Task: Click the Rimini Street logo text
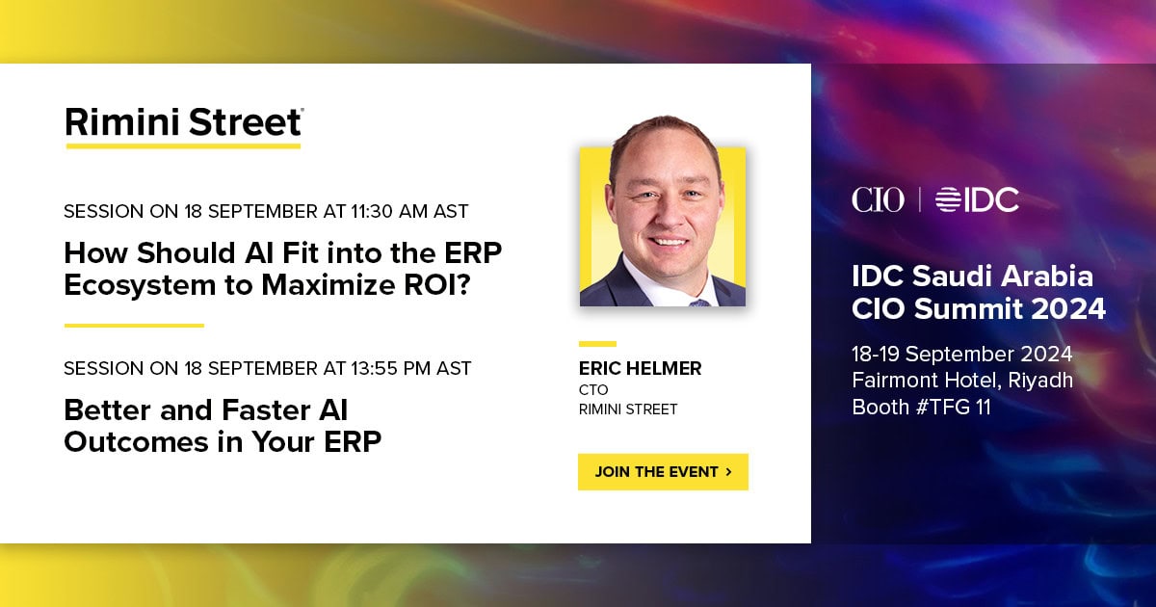(x=184, y=123)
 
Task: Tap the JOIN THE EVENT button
(x=663, y=472)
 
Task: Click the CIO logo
(x=878, y=199)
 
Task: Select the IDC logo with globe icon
(x=977, y=199)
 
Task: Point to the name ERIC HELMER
(x=640, y=368)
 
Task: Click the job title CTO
(x=593, y=389)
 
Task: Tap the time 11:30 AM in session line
(x=389, y=211)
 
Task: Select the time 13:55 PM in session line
(x=391, y=368)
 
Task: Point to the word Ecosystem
(x=140, y=286)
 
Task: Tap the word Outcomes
(x=136, y=442)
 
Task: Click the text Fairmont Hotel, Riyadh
(x=962, y=381)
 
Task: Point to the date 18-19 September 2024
(x=962, y=355)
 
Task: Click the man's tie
(x=699, y=303)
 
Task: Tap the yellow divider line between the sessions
(x=134, y=326)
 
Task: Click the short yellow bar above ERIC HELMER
(x=597, y=344)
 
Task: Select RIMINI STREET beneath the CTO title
(x=627, y=409)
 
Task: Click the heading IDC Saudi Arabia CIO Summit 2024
(x=979, y=293)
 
